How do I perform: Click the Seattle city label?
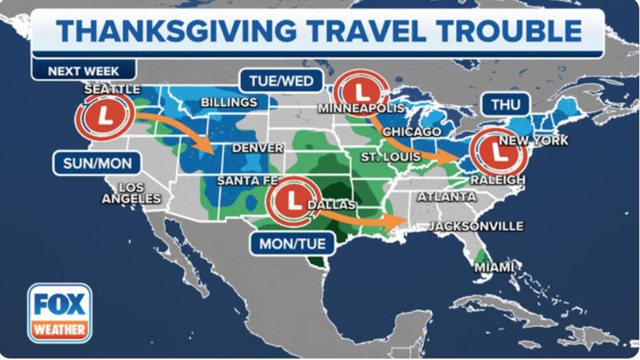112,89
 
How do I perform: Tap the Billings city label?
229,102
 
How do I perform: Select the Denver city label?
258,148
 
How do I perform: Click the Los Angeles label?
131,193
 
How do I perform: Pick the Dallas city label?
332,205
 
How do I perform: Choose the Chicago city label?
412,131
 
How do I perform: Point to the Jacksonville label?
477,226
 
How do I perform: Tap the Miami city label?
494,267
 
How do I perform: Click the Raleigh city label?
497,180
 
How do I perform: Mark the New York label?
534,140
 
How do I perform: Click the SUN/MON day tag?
97,164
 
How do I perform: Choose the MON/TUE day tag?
292,243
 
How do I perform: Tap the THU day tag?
505,105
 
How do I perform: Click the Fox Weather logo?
60,313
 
